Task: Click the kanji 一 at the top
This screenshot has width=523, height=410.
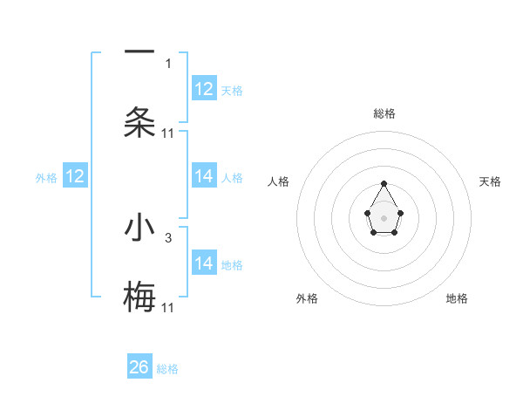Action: pyautogui.click(x=139, y=51)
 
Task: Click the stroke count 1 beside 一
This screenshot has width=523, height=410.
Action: pyautogui.click(x=168, y=63)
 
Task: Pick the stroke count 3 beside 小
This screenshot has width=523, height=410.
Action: pyautogui.click(x=168, y=237)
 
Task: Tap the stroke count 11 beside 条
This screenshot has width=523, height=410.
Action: pyautogui.click(x=168, y=133)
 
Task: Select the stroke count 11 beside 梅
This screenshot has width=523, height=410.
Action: pyautogui.click(x=168, y=307)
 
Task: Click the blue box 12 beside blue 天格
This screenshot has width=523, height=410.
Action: pyautogui.click(x=204, y=89)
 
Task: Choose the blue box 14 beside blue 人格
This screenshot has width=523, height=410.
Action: pyautogui.click(x=204, y=176)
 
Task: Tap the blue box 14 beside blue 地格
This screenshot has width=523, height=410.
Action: pyautogui.click(x=204, y=263)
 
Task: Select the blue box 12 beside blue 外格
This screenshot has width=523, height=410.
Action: pyautogui.click(x=75, y=176)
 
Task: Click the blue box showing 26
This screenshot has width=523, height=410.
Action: pyautogui.click(x=139, y=367)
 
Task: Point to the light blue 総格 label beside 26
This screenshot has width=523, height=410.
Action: pyautogui.click(x=167, y=369)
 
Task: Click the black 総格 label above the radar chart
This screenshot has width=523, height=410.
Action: pyautogui.click(x=384, y=113)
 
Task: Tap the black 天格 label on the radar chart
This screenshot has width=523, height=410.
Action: pyautogui.click(x=490, y=181)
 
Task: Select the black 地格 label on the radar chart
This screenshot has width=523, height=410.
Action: pyautogui.click(x=457, y=298)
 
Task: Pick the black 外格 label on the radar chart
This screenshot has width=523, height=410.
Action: pyautogui.click(x=307, y=298)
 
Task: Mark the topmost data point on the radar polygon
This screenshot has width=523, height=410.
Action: pyautogui.click(x=384, y=183)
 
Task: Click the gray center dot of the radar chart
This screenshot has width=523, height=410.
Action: pyautogui.click(x=384, y=216)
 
